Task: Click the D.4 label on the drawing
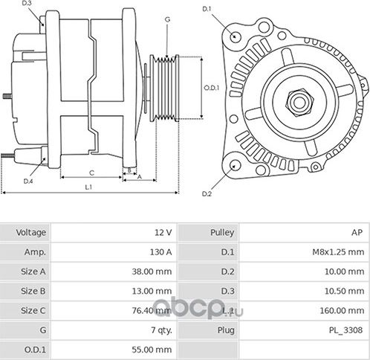coord(28,181)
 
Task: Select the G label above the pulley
coord(167,18)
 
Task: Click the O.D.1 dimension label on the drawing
coord(211,88)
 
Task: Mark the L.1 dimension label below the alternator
coord(88,187)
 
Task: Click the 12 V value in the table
coord(163,233)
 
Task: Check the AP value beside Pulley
coord(357,233)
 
